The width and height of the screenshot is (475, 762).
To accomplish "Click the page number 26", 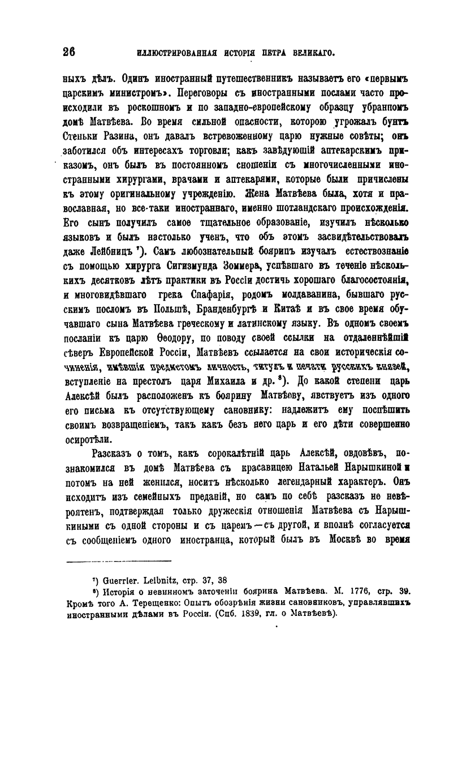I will coord(69,53).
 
